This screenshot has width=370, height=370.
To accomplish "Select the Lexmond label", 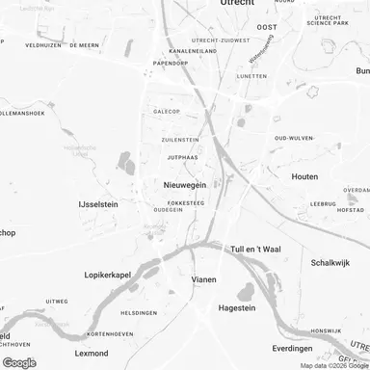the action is point(61,356).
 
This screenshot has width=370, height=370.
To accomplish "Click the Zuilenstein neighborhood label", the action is point(180,140).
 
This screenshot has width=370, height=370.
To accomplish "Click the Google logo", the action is point(19,362).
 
